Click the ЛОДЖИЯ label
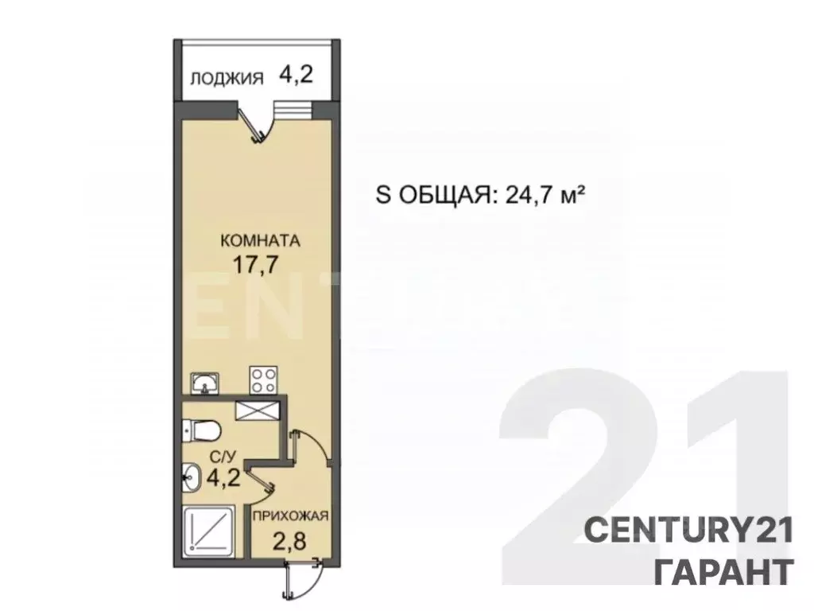click(x=227, y=78)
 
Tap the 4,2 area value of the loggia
click(x=296, y=76)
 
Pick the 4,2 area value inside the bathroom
click(x=225, y=480)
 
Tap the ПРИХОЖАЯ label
click(x=290, y=516)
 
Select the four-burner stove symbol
click(x=263, y=379)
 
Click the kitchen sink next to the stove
click(x=205, y=383)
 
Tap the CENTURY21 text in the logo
click(x=688, y=531)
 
